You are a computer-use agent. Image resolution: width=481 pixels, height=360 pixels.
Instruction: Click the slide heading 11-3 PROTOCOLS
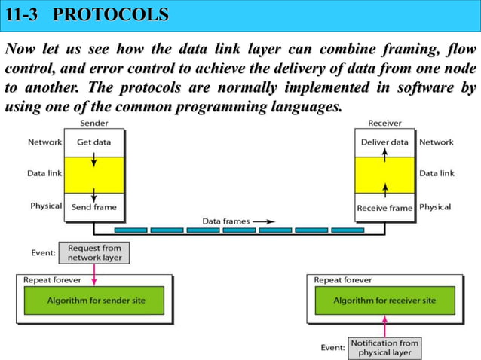coord(87,14)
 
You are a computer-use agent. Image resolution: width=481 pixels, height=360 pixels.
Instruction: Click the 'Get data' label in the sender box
coord(93,142)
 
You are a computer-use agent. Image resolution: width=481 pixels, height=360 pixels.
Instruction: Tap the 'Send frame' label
coord(94,207)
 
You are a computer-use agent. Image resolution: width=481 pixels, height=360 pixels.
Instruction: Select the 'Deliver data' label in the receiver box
coord(384,142)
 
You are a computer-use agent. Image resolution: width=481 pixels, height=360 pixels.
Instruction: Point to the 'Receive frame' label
coord(384,207)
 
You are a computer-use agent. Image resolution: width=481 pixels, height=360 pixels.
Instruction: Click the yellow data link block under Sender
coord(94,174)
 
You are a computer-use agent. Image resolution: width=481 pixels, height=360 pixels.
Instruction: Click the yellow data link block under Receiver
coord(384,174)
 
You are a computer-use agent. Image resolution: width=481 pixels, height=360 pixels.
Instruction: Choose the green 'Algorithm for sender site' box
coord(96,301)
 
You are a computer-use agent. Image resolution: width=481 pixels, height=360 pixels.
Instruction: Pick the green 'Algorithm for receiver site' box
coord(384,301)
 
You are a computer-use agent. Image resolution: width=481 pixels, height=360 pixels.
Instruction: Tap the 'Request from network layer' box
coord(95,252)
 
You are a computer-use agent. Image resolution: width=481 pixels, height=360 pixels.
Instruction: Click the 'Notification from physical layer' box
coord(384,348)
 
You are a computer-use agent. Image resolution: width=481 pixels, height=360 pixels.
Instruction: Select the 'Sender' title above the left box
coord(93,123)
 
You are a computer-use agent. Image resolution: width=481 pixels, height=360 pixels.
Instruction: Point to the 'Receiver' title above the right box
coord(384,123)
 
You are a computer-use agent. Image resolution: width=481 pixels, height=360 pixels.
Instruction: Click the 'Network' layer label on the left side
coord(44,142)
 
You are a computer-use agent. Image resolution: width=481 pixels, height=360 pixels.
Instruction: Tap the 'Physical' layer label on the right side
coord(435,206)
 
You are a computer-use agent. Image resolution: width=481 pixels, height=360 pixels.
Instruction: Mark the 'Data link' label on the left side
coord(44,173)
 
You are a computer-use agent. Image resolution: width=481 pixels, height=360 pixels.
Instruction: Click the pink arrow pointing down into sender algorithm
coord(95,274)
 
